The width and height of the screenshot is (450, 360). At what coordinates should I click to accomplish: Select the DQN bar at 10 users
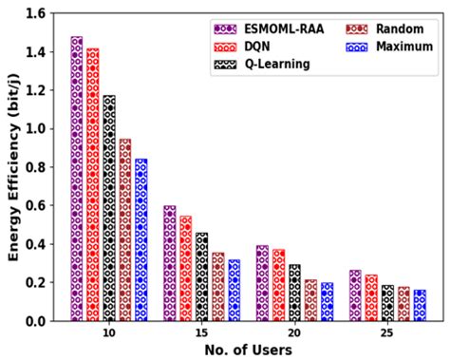(x=92, y=184)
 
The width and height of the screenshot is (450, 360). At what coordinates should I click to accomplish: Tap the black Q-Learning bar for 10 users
(x=109, y=208)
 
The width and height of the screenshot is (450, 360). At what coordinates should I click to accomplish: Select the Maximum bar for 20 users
(x=327, y=301)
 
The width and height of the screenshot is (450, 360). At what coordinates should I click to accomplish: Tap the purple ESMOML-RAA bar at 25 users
(x=355, y=295)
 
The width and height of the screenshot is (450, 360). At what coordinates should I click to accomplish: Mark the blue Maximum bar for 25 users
(x=420, y=305)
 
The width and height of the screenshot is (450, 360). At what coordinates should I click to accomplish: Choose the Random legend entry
(x=389, y=28)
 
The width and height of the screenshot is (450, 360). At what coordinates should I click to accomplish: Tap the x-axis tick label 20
(x=294, y=333)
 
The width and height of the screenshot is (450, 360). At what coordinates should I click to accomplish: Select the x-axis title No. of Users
(x=248, y=351)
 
